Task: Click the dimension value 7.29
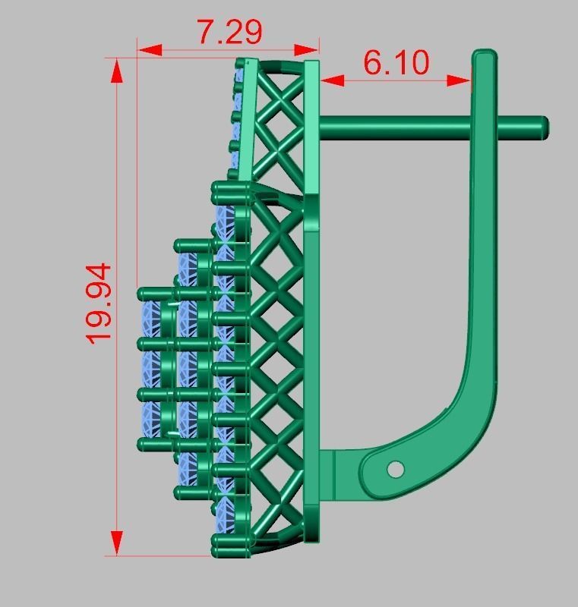pos(229,31)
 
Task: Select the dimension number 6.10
pos(396,62)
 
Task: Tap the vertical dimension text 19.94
pos(99,303)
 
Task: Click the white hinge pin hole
pos(395,470)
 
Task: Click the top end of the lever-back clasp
pos(484,57)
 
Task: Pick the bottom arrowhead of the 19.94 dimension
pos(117,543)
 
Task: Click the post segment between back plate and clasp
pos(395,127)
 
